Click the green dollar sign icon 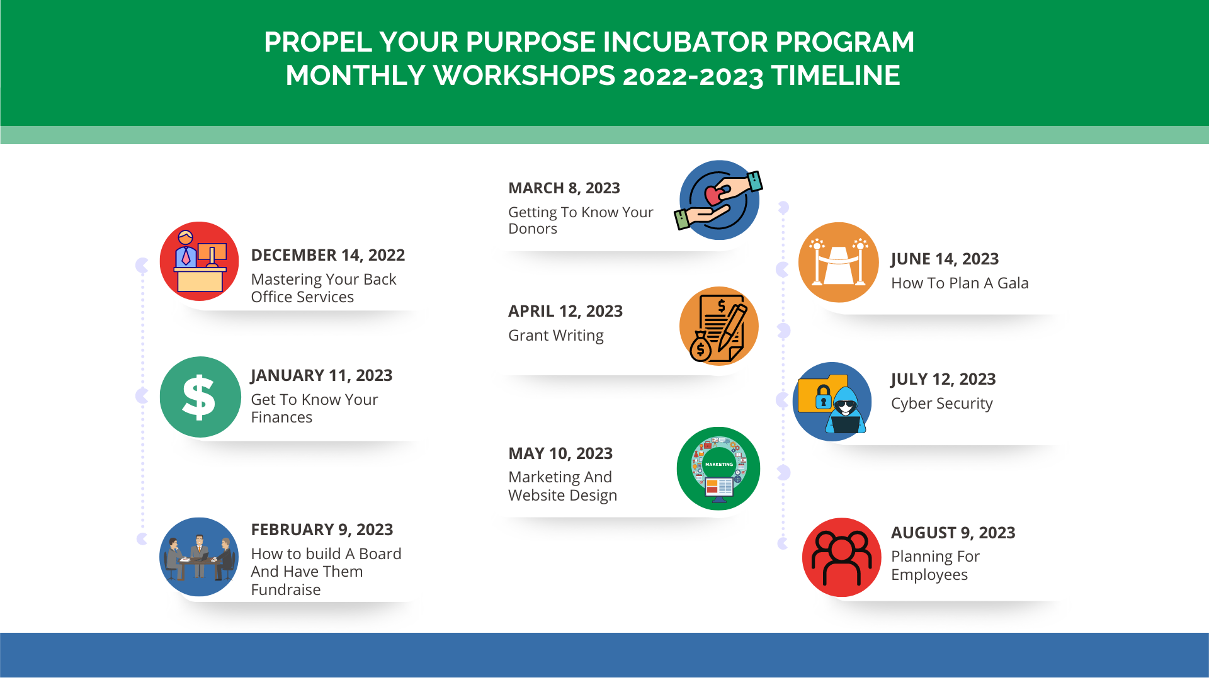(200, 397)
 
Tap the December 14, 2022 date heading (327, 255)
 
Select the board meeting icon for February (199, 557)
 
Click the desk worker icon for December (199, 261)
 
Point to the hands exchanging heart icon (719, 200)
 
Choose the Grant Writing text (556, 336)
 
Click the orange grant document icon (719, 326)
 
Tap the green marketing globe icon (718, 468)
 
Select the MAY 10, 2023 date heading (560, 453)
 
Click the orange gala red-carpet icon (839, 262)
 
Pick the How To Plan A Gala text (960, 283)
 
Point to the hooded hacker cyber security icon (832, 402)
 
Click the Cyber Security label (942, 404)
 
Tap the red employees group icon (842, 557)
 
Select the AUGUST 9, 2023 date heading (953, 533)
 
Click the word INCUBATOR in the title (685, 42)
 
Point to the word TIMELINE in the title (836, 76)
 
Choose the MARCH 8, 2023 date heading (564, 188)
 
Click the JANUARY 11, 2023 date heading (322, 376)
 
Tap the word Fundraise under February (286, 590)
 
